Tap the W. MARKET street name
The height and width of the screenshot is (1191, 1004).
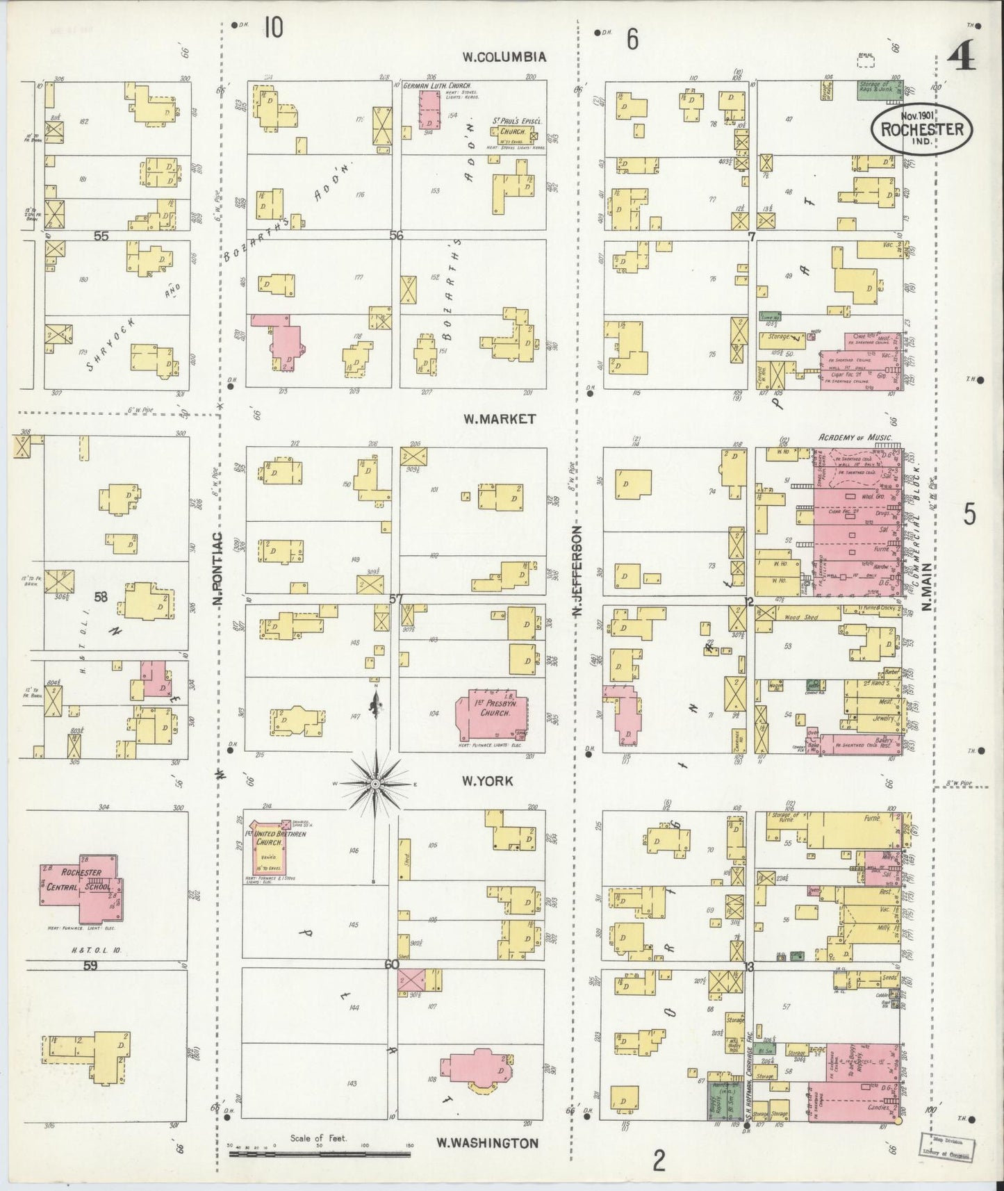coord(500,418)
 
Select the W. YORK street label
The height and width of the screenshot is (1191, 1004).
coord(488,781)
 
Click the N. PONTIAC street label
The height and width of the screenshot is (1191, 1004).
coord(217,568)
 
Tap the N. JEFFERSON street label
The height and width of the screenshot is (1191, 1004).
coord(576,571)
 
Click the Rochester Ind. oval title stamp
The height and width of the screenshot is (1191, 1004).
coord(922,129)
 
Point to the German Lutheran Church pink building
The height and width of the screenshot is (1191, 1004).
coord(429,109)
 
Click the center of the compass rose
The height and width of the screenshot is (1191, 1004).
coord(375,783)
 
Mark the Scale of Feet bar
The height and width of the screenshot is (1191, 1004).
coord(320,1154)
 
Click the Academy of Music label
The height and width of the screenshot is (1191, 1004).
coord(859,437)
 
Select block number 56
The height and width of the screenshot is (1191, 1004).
coord(396,236)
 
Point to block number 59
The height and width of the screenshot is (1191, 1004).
coord(90,965)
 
